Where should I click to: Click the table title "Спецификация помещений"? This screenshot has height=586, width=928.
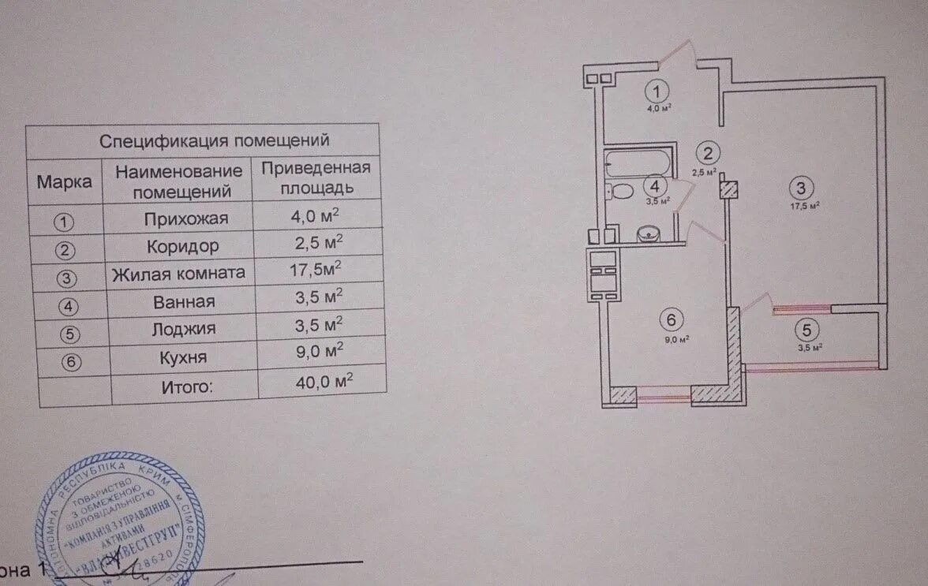[213, 141]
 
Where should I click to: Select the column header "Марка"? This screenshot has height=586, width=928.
[65, 181]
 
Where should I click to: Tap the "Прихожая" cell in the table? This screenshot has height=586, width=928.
[187, 218]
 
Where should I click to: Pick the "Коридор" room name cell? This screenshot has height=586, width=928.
[182, 245]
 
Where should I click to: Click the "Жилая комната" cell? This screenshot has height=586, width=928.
[178, 274]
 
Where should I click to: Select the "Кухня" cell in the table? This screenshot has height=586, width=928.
[182, 357]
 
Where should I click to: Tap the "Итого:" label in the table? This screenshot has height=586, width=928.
[188, 386]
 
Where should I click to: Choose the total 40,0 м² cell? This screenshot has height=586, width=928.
[319, 383]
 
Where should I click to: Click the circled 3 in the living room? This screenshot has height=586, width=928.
[800, 188]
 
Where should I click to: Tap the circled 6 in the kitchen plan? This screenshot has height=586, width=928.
[671, 320]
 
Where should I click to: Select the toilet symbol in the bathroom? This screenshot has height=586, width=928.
[621, 192]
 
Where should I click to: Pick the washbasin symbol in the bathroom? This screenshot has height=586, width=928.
[647, 233]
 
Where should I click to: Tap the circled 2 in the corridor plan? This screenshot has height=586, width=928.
[709, 154]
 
